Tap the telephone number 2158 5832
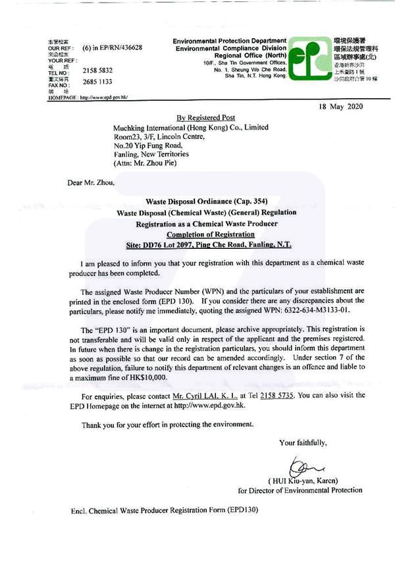pos(97,69)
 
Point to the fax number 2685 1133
pos(97,82)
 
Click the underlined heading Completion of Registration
pos(211,234)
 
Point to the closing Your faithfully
pos(303,442)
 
